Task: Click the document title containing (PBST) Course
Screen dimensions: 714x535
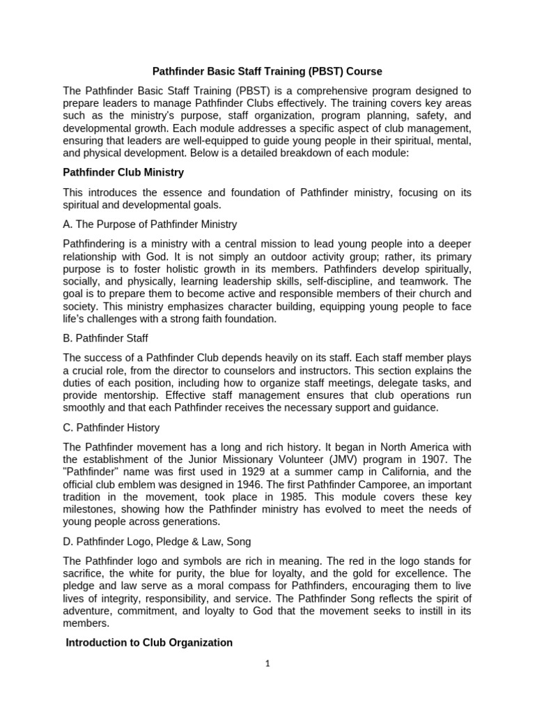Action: (x=267, y=71)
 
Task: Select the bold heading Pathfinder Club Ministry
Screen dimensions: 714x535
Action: (x=123, y=172)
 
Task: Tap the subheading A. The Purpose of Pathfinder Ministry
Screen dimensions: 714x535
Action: (x=150, y=225)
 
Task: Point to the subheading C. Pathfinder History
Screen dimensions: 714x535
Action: (x=111, y=427)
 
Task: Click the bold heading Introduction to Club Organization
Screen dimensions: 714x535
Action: (x=149, y=642)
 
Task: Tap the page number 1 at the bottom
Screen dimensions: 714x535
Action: (x=267, y=664)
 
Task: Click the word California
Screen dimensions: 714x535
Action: (x=391, y=471)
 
